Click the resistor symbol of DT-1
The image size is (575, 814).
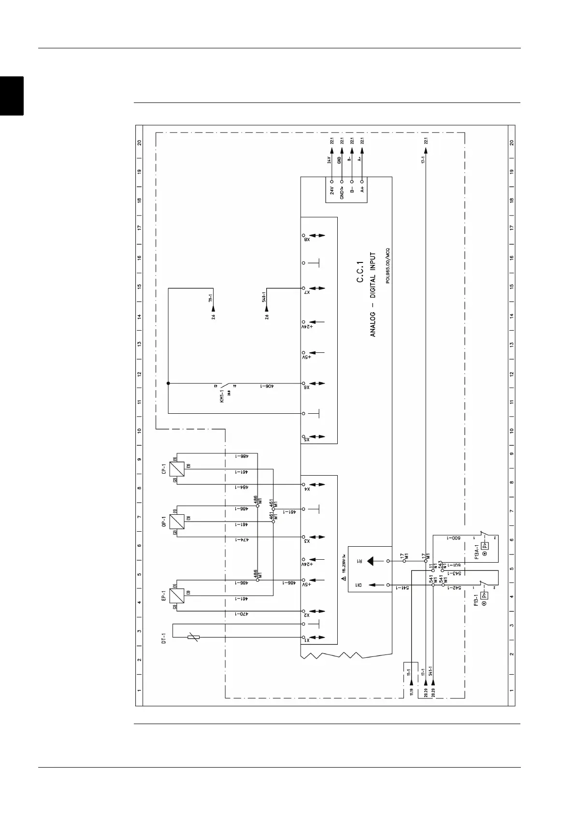(x=193, y=637)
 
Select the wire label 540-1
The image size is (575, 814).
(x=263, y=297)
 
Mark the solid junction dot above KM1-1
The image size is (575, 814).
(x=168, y=384)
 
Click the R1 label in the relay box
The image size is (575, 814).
(x=359, y=561)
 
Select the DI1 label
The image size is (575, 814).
(x=359, y=585)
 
